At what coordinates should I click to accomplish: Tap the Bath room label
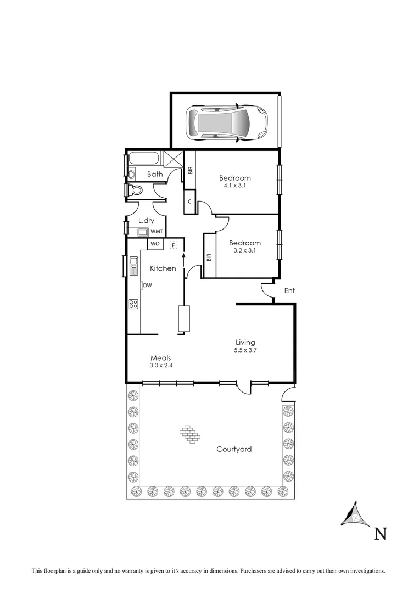(154, 175)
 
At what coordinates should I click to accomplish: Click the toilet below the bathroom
(135, 191)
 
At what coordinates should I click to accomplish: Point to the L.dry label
(146, 221)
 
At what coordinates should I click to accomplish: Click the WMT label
(157, 232)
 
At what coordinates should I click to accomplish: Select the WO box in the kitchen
(155, 243)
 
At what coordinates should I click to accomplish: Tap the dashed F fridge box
(174, 244)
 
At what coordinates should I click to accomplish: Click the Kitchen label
(163, 268)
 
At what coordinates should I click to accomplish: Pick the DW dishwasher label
(147, 286)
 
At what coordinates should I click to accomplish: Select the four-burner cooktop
(133, 304)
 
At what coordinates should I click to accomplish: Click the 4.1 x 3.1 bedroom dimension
(235, 186)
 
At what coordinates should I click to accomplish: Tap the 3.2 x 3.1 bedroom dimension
(245, 250)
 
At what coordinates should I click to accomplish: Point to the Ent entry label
(289, 290)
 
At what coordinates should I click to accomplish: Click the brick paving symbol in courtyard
(189, 433)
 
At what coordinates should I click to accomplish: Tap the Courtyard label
(234, 449)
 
